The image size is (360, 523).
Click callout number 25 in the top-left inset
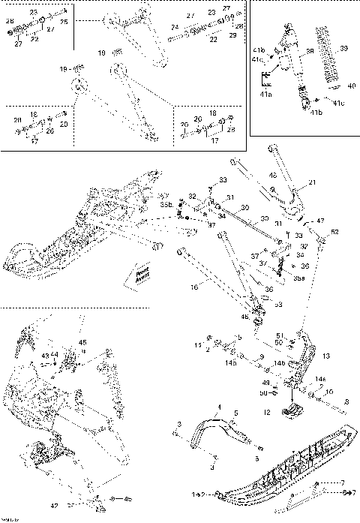pyautogui.click(x=64, y=23)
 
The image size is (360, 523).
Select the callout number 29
pyautogui.click(x=232, y=35)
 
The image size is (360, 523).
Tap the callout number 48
pyautogui.click(x=273, y=176)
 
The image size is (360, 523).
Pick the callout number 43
pyautogui.click(x=45, y=354)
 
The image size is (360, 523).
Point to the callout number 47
pyautogui.click(x=321, y=221)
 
